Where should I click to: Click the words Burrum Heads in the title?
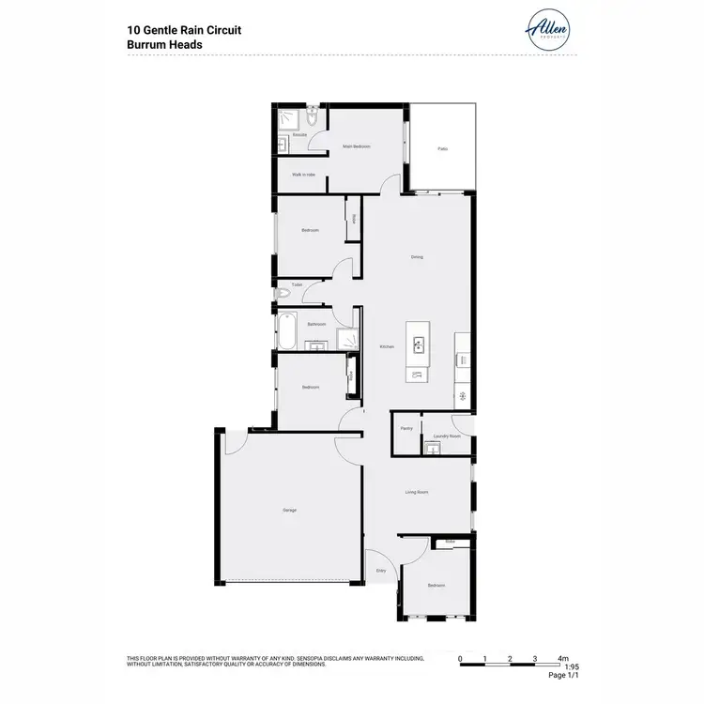166,44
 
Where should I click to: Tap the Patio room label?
442,148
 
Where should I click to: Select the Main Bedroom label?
356,146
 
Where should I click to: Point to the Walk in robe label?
303,174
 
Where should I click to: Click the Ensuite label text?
299,135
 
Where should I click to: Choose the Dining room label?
417,257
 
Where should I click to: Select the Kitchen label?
386,346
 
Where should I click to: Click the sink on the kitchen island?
416,342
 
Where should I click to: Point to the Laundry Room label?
447,436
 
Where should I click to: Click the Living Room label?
418,491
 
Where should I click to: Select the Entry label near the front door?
381,570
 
